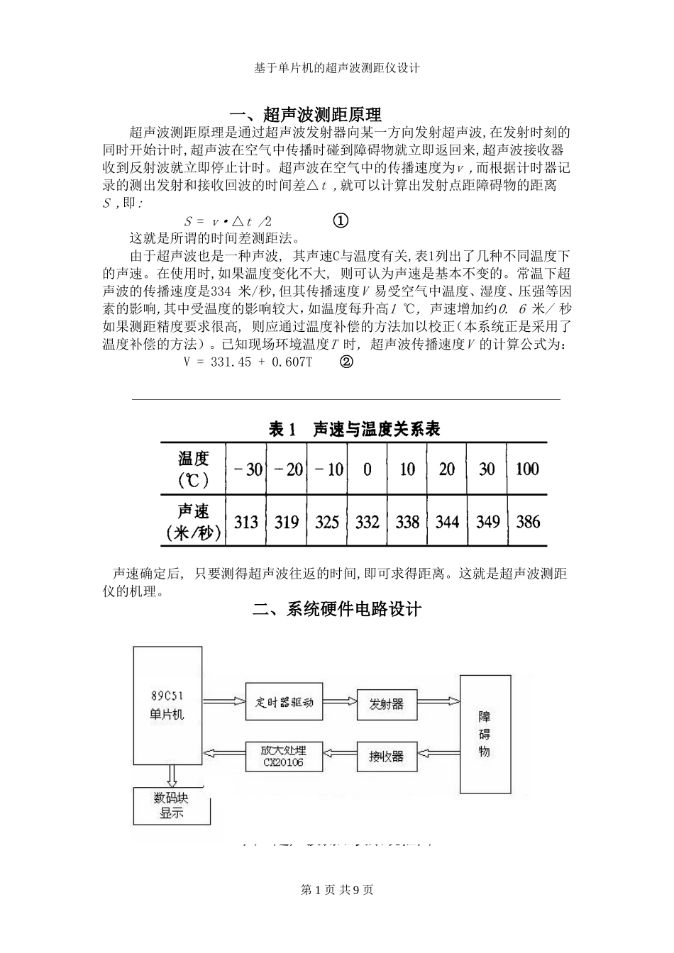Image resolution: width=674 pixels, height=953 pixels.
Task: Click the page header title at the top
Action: (x=337, y=68)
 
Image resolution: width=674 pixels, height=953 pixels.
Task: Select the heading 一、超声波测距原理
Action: (x=306, y=114)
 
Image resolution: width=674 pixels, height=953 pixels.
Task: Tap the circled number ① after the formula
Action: (x=340, y=221)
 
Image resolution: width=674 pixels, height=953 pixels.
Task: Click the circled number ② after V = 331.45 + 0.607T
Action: (x=346, y=362)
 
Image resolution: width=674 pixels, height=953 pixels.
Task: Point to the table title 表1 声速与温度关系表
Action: (x=355, y=428)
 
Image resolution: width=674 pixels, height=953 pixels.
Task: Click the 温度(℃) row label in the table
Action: (x=194, y=469)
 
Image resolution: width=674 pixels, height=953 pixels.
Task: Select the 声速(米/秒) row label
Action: (x=194, y=522)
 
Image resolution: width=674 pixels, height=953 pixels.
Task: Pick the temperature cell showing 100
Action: (x=527, y=469)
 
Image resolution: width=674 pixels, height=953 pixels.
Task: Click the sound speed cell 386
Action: (x=528, y=523)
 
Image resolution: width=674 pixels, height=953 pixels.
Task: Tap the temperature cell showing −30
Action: (x=245, y=469)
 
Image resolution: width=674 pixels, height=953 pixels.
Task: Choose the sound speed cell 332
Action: (x=367, y=523)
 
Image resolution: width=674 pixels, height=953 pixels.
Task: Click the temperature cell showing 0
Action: (x=367, y=469)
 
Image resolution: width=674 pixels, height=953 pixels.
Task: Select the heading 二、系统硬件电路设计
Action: (x=337, y=608)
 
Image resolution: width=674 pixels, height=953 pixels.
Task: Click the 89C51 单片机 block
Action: (x=167, y=706)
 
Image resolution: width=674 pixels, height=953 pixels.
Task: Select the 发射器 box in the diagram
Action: (x=387, y=704)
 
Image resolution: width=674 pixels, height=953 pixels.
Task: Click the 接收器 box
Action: (x=387, y=756)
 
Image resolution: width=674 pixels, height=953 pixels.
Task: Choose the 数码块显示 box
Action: (x=172, y=806)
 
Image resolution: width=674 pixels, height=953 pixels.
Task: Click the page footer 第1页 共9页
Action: (x=337, y=890)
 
